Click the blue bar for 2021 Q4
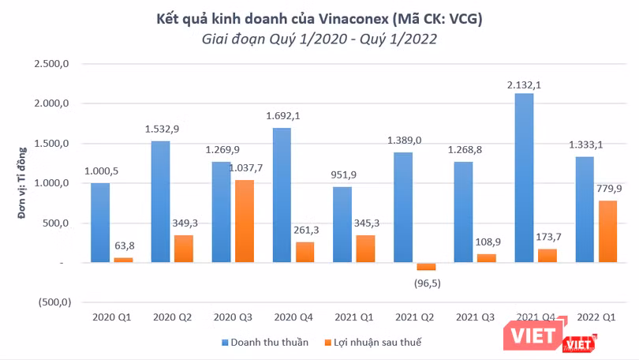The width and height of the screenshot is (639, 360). (524, 178)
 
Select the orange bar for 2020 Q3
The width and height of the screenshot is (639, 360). (244, 221)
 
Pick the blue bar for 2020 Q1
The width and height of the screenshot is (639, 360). (100, 223)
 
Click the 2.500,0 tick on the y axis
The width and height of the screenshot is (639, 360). (54, 63)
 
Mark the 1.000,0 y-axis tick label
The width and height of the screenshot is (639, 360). (54, 183)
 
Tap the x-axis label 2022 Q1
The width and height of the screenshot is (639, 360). (597, 317)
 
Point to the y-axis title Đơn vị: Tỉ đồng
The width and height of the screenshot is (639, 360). (21, 183)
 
